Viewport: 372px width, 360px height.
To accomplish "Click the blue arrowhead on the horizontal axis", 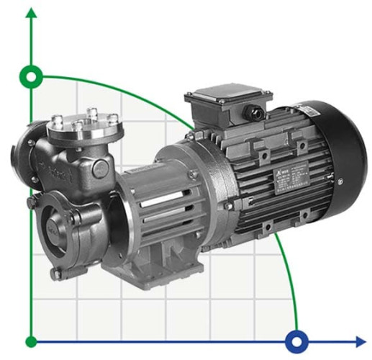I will (x=359, y=341).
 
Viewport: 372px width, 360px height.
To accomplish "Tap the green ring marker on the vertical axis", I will (x=31, y=75).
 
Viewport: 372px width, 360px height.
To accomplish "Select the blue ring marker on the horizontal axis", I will (x=295, y=341).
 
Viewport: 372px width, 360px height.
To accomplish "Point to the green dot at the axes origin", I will (x=31, y=341).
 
